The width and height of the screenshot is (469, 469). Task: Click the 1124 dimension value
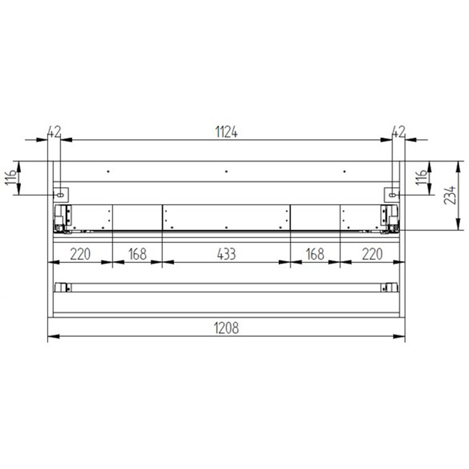[x=227, y=132]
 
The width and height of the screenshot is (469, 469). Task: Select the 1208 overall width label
[x=227, y=328]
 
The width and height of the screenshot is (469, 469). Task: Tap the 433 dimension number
[x=227, y=254]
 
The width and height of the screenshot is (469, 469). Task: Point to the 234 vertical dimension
[x=450, y=195]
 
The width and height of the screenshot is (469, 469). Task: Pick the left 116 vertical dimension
[x=11, y=177]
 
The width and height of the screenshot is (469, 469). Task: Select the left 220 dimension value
[x=80, y=254]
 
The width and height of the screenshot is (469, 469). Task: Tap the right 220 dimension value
[x=372, y=254]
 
